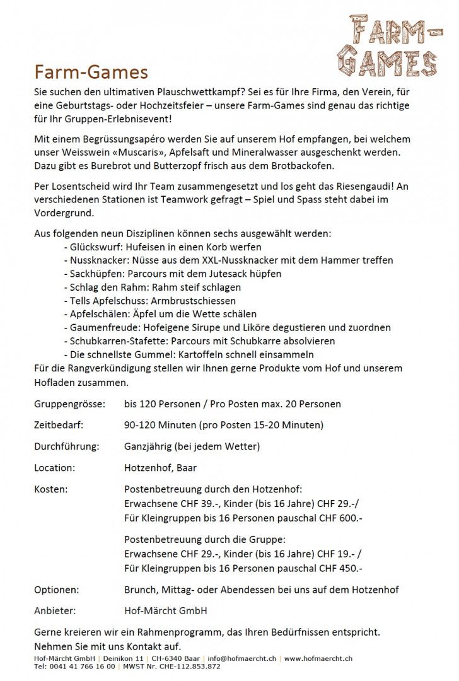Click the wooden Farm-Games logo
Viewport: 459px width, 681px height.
(x=387, y=45)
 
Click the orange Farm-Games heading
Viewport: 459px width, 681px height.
(x=91, y=72)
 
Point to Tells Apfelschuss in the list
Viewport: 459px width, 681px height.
(x=108, y=301)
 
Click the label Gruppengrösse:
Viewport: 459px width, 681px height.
(x=69, y=404)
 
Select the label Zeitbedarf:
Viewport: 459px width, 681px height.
(x=59, y=425)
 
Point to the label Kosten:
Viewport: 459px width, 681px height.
(x=50, y=489)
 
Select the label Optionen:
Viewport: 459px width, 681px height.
(x=56, y=590)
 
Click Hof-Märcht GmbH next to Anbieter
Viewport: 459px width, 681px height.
(x=165, y=611)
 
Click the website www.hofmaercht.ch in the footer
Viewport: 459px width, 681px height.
(x=318, y=658)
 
